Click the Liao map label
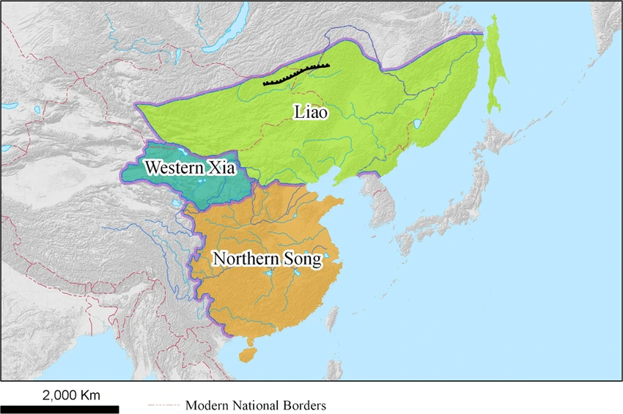(311, 113)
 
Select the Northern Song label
(266, 259)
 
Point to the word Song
(301, 260)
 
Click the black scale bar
(59, 409)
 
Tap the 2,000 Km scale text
(70, 395)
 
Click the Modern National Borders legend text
(255, 405)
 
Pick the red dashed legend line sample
(163, 405)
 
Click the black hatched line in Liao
(296, 73)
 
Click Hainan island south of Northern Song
(248, 353)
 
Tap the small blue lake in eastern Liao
(417, 125)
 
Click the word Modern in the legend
(205, 405)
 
